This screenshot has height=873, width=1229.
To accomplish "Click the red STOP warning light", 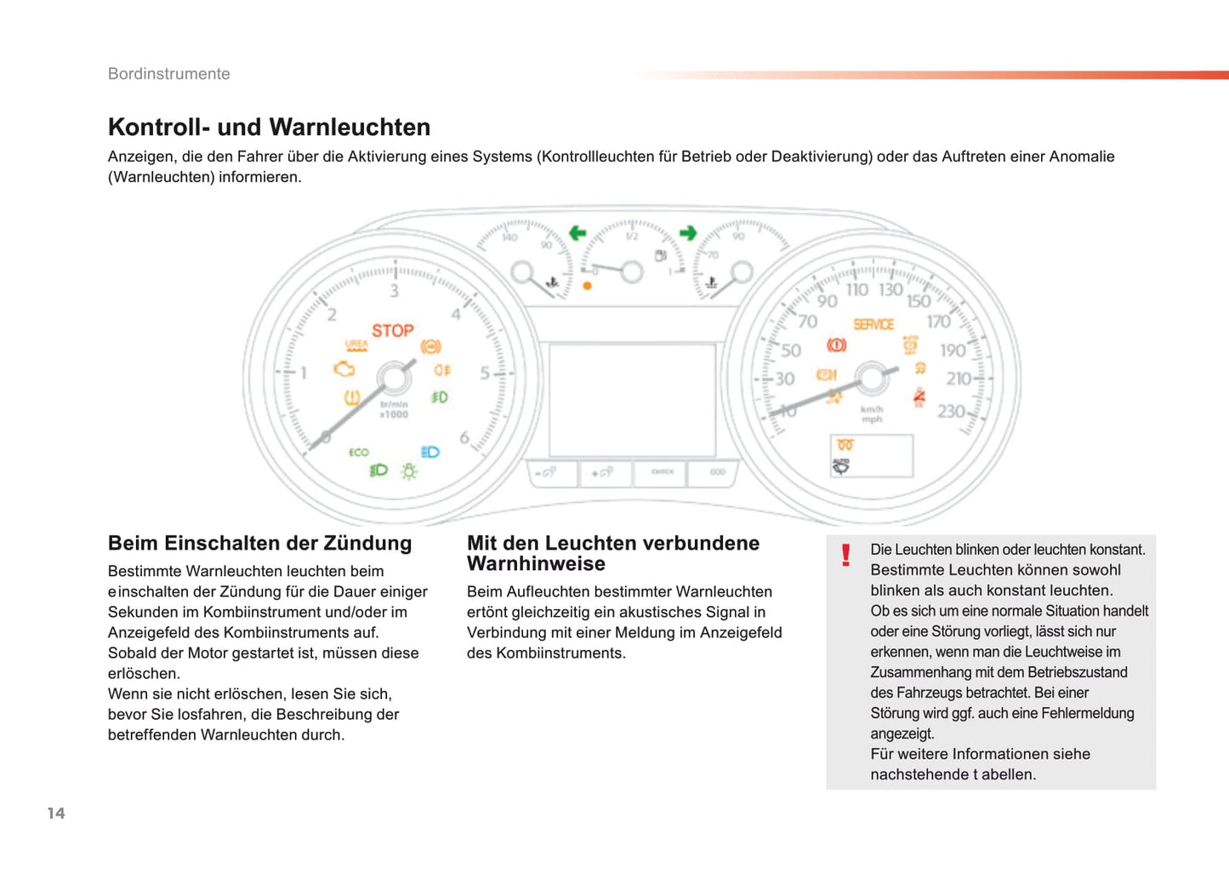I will tap(392, 330).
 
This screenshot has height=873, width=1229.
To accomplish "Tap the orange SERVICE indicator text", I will tap(873, 324).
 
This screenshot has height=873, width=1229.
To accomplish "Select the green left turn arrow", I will tap(578, 232).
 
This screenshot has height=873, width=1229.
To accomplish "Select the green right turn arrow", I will tap(688, 232).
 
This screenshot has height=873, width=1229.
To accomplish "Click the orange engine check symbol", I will tap(344, 369).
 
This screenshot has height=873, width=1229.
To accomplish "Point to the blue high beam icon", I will tap(430, 452).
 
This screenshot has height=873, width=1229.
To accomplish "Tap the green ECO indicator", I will tap(359, 452).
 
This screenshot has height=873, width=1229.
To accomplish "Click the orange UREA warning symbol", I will tap(356, 345).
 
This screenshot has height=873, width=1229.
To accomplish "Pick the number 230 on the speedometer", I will tap(951, 412).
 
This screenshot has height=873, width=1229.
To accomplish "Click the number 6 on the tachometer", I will tap(464, 437).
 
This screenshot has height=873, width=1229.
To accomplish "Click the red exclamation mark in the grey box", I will tap(845, 556).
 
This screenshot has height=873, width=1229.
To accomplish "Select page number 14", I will tap(56, 813).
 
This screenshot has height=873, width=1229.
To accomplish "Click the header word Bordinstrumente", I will tap(168, 74).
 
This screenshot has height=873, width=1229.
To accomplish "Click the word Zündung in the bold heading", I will tap(367, 544).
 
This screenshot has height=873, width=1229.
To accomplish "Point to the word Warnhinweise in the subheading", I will tap(536, 564).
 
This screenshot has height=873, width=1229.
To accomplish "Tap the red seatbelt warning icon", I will tap(919, 397).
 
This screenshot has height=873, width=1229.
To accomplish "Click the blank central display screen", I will tap(632, 400).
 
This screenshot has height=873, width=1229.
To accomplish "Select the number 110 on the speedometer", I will tap(856, 290).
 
